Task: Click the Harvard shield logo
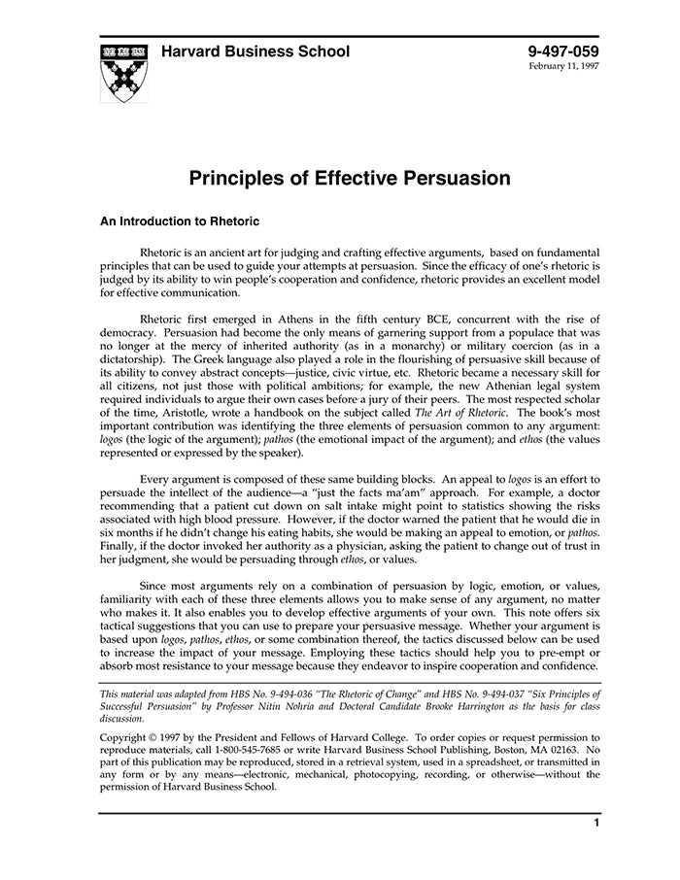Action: (x=123, y=71)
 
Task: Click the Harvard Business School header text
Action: (x=255, y=51)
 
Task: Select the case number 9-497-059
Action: (x=563, y=51)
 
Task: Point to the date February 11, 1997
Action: (x=563, y=67)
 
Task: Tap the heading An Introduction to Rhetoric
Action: (x=180, y=221)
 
